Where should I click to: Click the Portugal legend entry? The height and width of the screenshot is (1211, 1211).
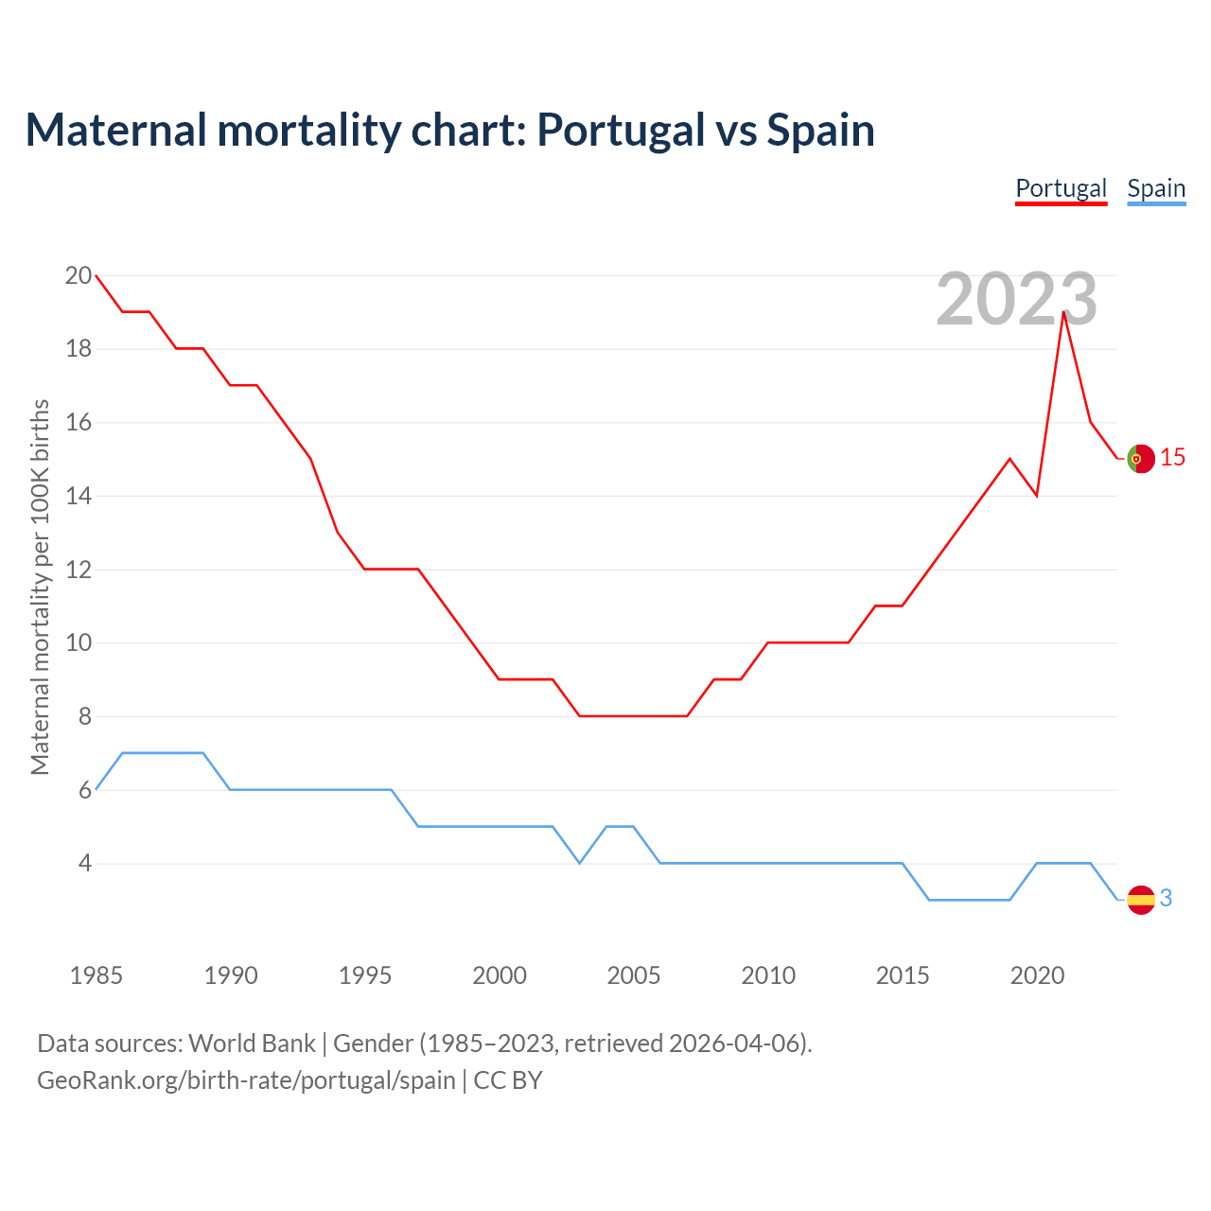click(x=1061, y=188)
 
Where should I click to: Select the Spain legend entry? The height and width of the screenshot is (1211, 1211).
click(x=1156, y=188)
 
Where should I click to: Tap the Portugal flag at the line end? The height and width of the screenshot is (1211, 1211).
click(x=1141, y=458)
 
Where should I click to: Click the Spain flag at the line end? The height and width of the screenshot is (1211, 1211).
click(x=1141, y=899)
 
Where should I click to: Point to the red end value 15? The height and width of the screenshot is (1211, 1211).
click(x=1172, y=458)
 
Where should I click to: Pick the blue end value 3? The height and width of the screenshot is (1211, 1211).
click(x=1166, y=899)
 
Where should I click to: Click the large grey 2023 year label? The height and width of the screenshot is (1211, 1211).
click(x=1016, y=300)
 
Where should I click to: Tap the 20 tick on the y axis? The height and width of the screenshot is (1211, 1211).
click(x=79, y=276)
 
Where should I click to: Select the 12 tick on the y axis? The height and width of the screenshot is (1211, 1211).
click(x=79, y=570)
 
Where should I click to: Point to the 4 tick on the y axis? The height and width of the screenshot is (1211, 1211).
click(x=85, y=864)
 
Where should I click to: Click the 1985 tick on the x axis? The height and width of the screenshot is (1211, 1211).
click(x=97, y=975)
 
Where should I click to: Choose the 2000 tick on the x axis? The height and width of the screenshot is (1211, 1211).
click(x=500, y=975)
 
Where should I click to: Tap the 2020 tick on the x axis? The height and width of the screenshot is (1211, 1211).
click(x=1037, y=975)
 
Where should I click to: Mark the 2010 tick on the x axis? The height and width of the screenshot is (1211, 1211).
click(x=768, y=975)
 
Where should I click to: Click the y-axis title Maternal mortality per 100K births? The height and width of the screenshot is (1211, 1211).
click(x=40, y=587)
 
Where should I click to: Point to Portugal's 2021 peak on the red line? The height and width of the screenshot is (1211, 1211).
click(x=1064, y=312)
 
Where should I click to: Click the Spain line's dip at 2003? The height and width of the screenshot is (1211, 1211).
click(x=580, y=863)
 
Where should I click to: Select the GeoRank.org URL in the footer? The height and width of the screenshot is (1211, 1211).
click(x=246, y=1080)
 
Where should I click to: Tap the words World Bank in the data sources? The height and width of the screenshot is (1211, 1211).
click(x=252, y=1044)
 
